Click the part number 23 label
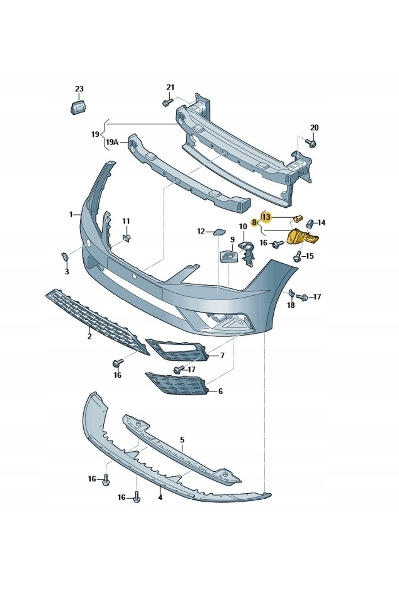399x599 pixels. [x=79, y=89]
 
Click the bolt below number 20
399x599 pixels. [x=312, y=143]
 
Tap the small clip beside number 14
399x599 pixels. [x=310, y=223]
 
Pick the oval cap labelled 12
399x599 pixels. [x=219, y=232]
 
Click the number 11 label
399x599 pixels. [x=126, y=221]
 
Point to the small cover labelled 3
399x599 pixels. [x=64, y=256]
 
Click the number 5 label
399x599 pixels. [x=182, y=440]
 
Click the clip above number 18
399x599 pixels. [x=290, y=293]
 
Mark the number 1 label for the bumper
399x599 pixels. [x=71, y=215]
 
